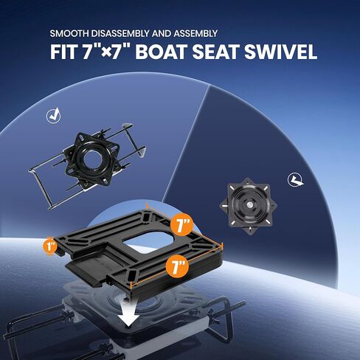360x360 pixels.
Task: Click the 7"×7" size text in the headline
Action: tap(122, 53)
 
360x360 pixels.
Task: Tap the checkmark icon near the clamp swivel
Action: tap(52, 115)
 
